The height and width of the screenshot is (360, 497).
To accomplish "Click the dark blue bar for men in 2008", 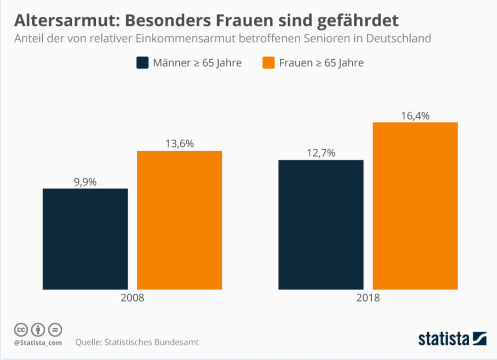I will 85,239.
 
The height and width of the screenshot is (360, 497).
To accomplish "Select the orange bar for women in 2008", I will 179,220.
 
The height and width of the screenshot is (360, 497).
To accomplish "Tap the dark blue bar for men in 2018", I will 321,224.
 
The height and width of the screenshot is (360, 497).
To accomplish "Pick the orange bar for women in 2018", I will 415,206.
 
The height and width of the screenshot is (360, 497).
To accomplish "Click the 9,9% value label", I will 85,182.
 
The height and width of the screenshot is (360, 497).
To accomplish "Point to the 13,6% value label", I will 179,144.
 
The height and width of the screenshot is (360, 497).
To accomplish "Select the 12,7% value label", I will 321,153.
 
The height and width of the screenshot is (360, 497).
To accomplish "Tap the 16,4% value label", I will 415,116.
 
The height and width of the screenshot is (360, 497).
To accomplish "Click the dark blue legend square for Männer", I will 143,63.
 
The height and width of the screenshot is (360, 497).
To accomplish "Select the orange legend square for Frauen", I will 269,63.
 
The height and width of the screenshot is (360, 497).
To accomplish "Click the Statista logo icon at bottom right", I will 479,339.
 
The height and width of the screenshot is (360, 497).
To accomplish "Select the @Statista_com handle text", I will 38,343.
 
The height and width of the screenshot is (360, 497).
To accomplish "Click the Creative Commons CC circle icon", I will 21,329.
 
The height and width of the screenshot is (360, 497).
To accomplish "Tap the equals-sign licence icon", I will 55,329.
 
